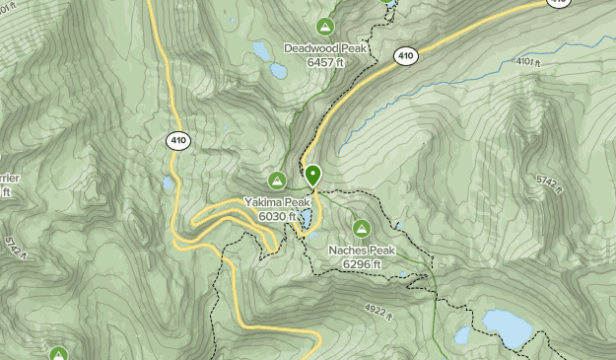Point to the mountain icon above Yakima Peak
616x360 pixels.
click(278, 180)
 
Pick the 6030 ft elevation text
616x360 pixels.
click(277, 216)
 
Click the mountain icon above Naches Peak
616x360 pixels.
click(362, 229)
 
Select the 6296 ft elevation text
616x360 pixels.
click(362, 264)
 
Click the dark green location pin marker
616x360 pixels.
click(313, 176)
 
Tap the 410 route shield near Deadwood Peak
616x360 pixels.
click(405, 56)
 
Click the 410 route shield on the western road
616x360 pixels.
click(178, 141)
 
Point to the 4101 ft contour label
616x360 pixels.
click(529, 62)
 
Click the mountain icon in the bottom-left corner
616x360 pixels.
click(58, 353)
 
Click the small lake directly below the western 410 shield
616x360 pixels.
click(169, 183)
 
